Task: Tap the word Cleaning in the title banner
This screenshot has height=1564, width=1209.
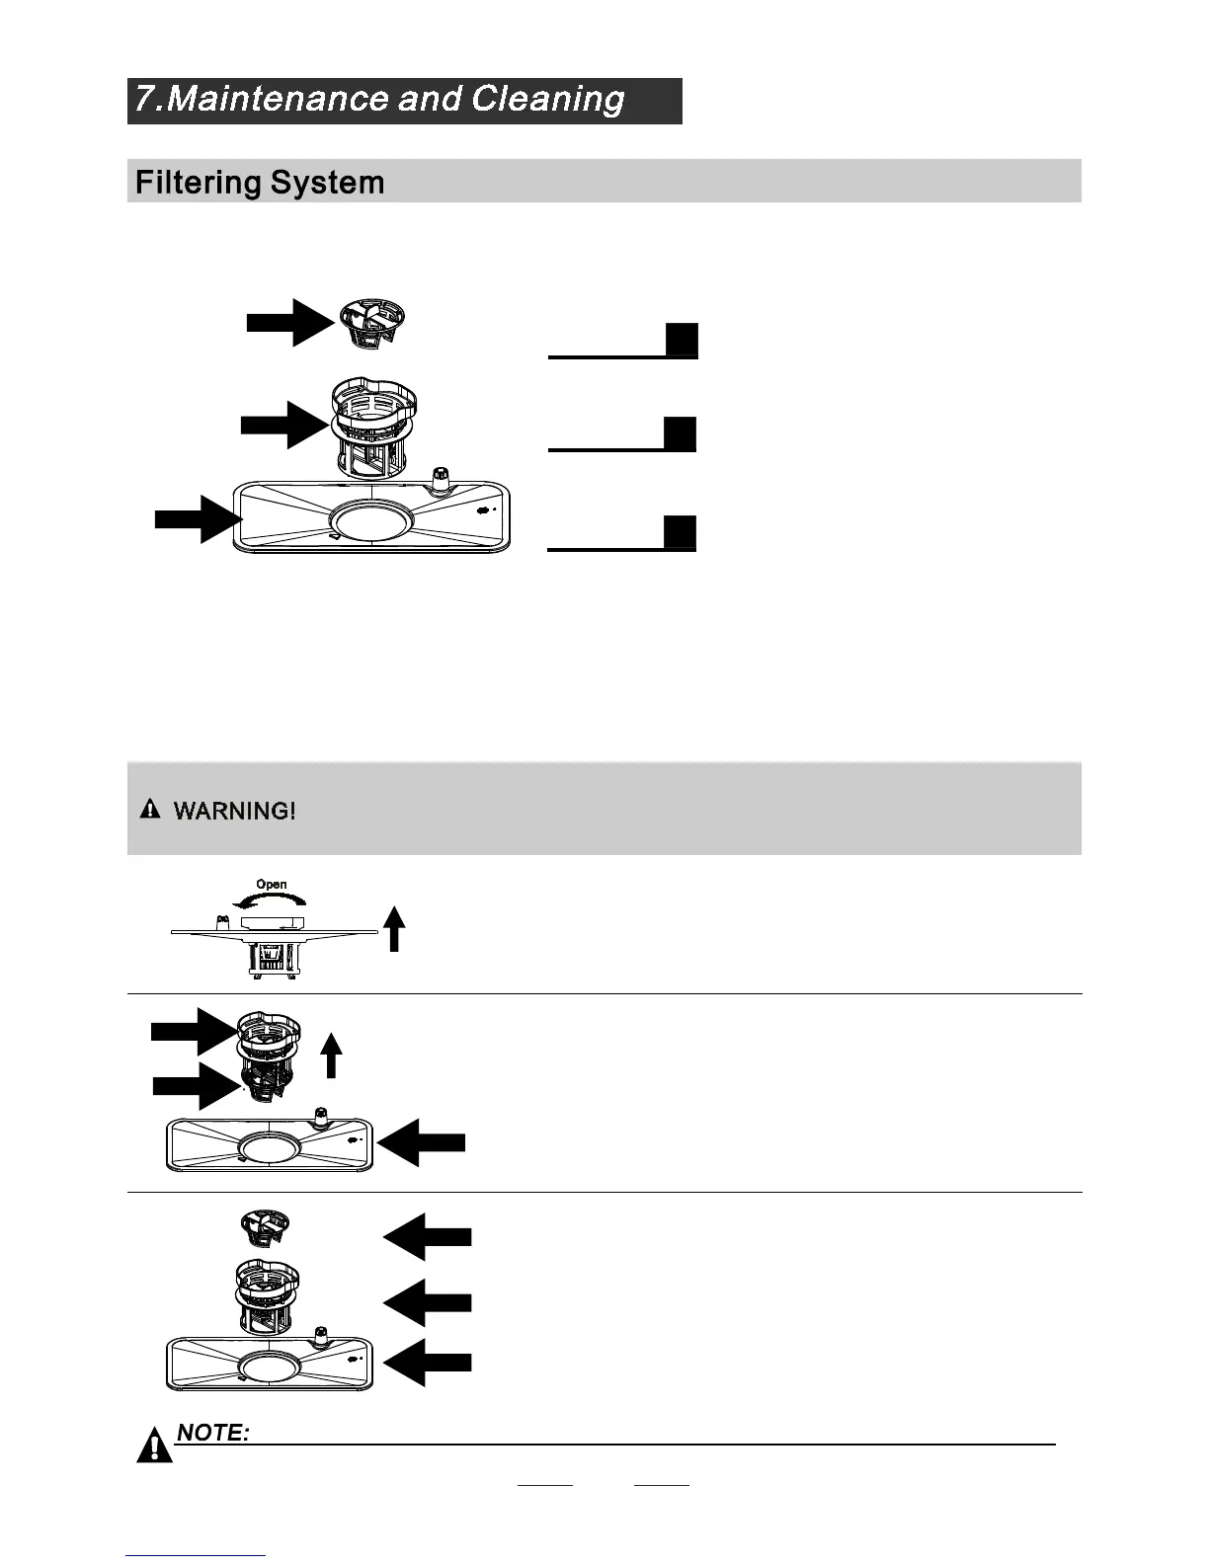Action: tap(547, 100)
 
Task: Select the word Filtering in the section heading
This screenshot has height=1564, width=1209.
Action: tap(198, 183)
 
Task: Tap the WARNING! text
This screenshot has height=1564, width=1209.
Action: tap(234, 812)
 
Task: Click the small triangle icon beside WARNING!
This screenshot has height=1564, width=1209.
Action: tap(149, 811)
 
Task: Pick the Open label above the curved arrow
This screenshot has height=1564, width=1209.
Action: tap(272, 885)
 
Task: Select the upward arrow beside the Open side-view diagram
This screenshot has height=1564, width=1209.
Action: tap(394, 929)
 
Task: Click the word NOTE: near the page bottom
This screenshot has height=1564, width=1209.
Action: tap(212, 1433)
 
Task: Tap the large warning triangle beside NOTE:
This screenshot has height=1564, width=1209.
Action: tap(154, 1446)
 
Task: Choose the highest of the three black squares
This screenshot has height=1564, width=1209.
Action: tap(682, 340)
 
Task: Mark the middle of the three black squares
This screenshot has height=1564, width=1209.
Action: tap(680, 434)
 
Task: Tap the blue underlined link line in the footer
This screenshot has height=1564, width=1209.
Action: tap(196, 1556)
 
